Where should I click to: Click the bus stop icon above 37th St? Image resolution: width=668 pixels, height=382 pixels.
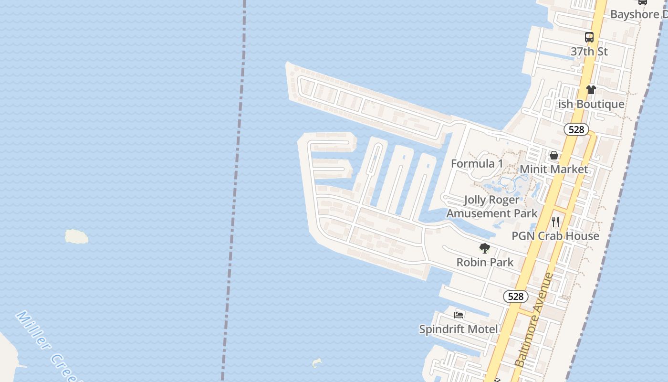click(589, 37)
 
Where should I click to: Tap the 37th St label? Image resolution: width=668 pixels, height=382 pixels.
click(589, 52)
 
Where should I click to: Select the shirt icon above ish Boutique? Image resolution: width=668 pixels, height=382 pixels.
click(591, 89)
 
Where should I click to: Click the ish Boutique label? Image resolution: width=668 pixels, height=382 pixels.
click(592, 104)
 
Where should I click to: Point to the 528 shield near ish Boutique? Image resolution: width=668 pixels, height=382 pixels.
click(576, 129)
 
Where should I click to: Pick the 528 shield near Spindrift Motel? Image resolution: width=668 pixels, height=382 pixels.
click(515, 297)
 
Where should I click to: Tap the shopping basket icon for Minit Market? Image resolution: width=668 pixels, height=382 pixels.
click(554, 155)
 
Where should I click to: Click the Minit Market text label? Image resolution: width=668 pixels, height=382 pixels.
click(553, 170)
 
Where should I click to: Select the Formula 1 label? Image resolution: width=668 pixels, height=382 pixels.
click(477, 164)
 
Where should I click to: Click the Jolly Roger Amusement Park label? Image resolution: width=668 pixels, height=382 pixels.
click(491, 207)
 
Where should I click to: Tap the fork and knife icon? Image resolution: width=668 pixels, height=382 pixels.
click(555, 222)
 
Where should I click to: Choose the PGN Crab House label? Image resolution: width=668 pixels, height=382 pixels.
click(555, 236)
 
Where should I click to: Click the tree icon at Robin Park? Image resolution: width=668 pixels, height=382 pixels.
click(485, 248)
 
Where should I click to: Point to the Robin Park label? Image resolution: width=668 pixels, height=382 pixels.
click(485, 262)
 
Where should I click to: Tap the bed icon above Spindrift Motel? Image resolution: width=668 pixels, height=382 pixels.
click(459, 315)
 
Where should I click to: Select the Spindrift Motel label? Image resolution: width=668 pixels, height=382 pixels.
click(459, 329)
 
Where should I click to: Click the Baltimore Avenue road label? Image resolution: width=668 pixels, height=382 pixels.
click(534, 320)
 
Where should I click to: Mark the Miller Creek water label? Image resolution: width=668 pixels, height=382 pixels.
click(45, 346)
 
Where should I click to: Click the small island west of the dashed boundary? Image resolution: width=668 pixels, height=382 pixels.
click(76, 236)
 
